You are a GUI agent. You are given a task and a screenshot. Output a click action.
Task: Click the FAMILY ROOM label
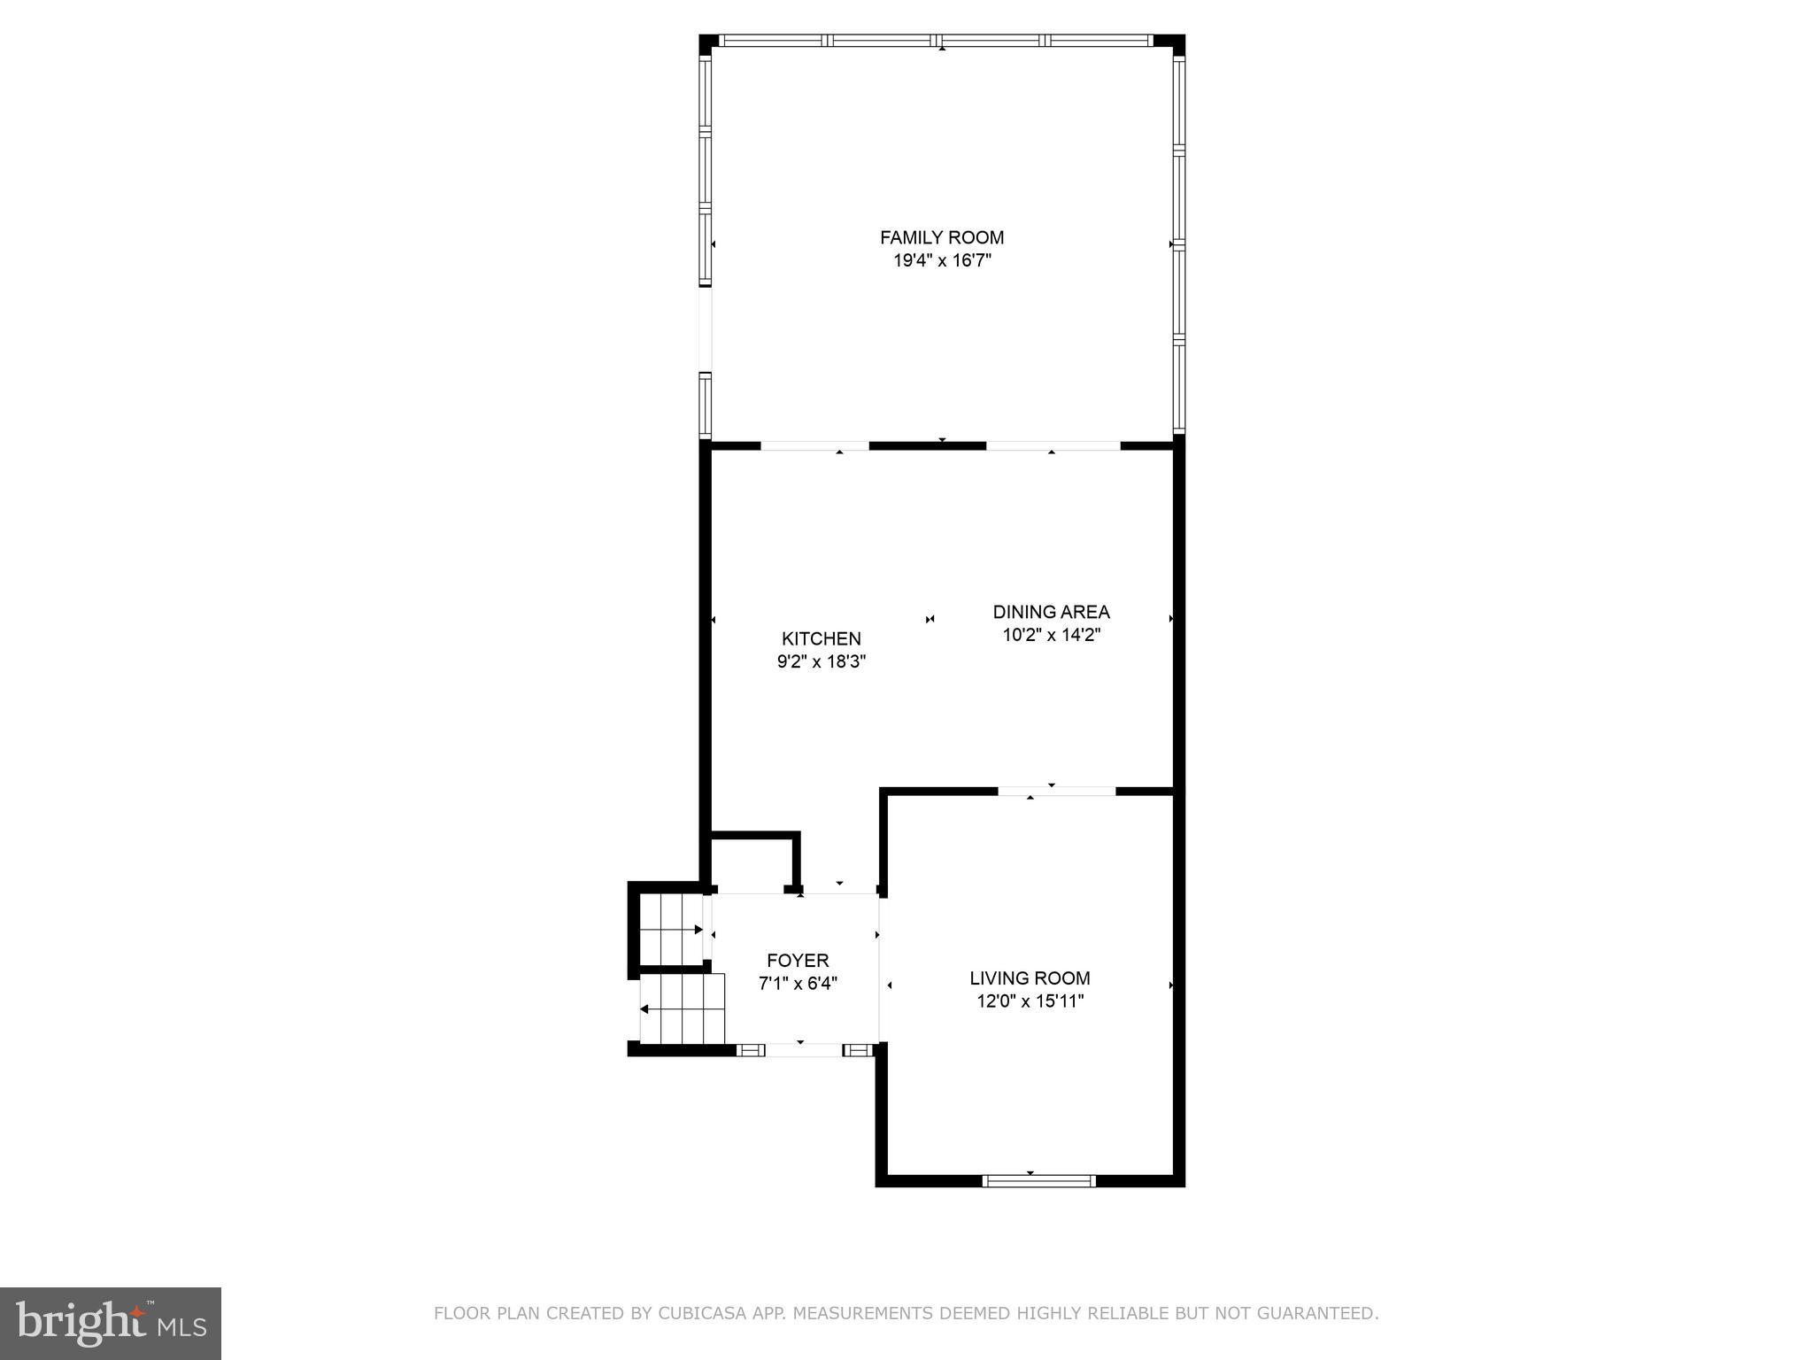click(x=941, y=237)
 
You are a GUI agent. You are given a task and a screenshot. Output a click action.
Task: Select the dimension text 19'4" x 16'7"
click(x=941, y=261)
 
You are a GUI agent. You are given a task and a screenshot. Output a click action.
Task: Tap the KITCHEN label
click(x=821, y=638)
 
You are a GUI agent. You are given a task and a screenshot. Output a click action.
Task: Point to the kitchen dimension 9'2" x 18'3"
click(x=821, y=661)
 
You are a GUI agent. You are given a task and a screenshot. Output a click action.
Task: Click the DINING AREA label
click(x=1051, y=612)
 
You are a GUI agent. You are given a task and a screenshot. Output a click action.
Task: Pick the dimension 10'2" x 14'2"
click(x=1051, y=635)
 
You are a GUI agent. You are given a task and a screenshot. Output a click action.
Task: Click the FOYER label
click(x=798, y=961)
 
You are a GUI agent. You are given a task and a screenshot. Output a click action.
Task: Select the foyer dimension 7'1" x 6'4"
click(x=798, y=984)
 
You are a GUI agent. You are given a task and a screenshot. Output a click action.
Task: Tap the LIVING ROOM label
click(x=1030, y=978)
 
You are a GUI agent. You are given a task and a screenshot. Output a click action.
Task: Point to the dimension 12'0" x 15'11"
click(x=1030, y=1001)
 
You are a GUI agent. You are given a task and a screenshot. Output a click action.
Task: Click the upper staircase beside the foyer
click(x=670, y=930)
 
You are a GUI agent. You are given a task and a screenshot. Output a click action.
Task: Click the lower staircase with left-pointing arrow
click(x=682, y=1009)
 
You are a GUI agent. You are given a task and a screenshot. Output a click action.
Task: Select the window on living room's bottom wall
click(x=1038, y=1180)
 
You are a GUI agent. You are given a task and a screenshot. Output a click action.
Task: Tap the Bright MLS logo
click(x=110, y=1323)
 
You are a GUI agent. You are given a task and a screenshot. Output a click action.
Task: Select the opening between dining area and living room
click(x=1057, y=791)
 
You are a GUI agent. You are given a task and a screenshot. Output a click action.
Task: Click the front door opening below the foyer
click(x=804, y=1050)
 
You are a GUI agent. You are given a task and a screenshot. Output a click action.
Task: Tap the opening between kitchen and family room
click(x=814, y=446)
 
